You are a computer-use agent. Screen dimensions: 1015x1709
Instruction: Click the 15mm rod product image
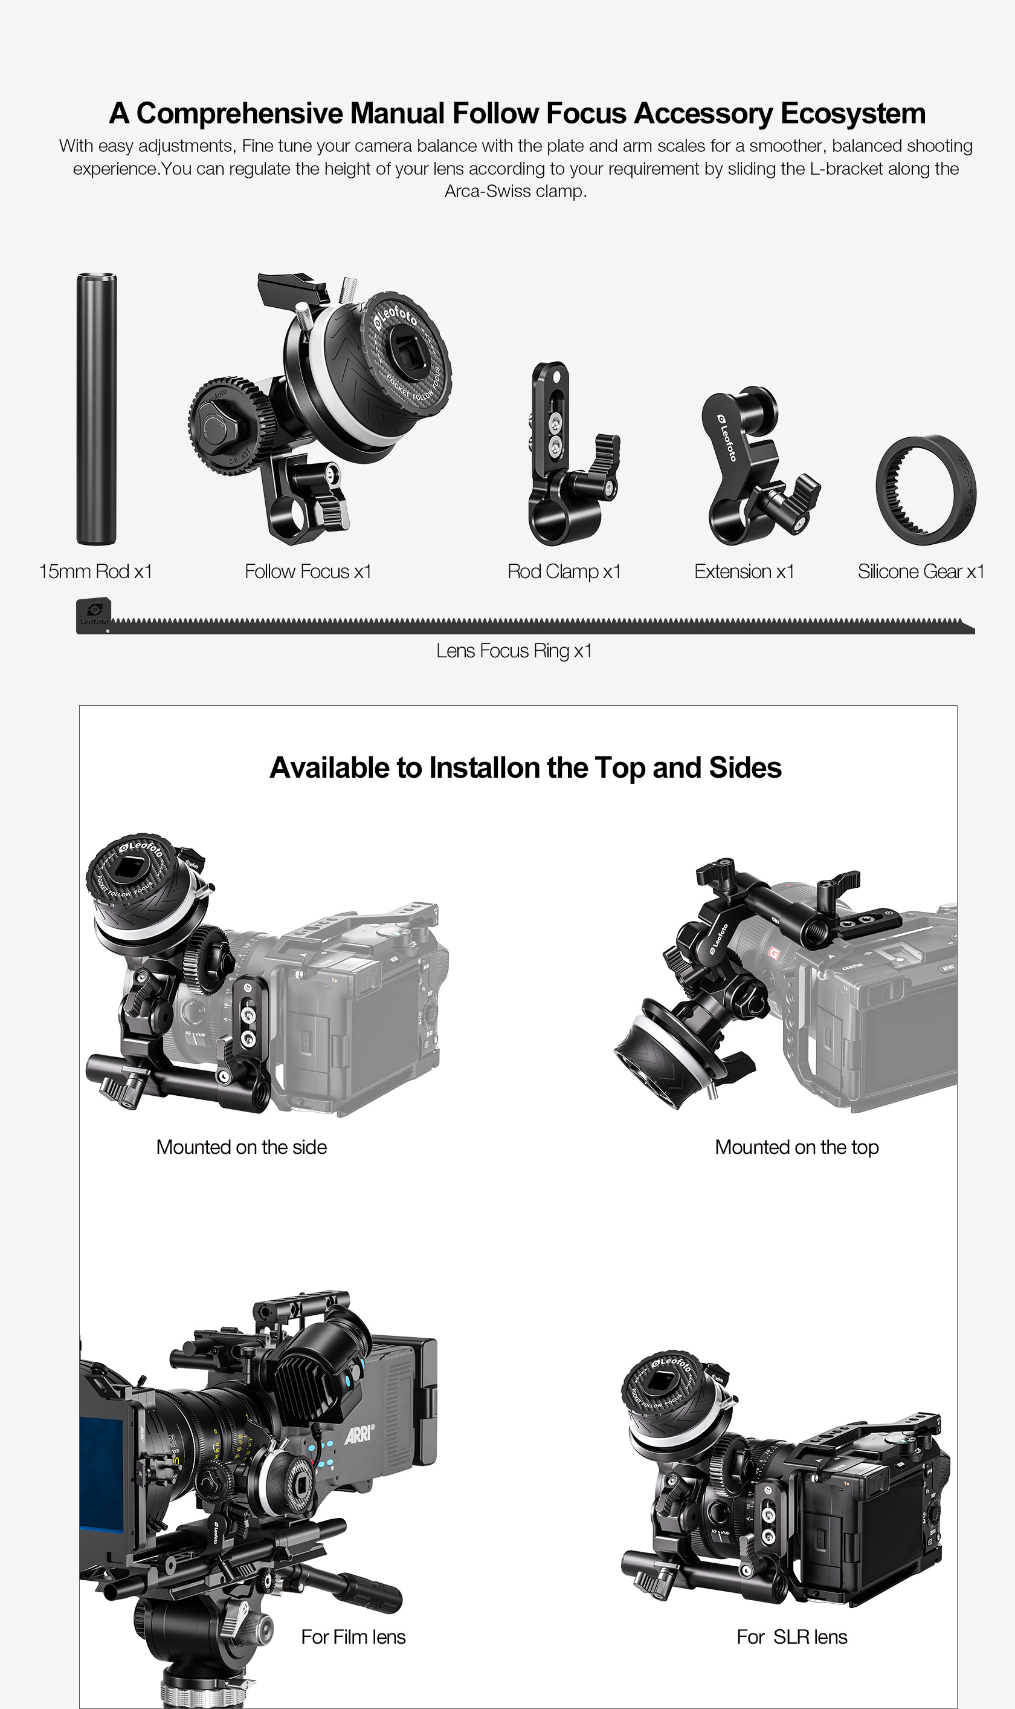tap(97, 409)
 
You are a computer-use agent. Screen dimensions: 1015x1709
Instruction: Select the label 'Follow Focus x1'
tap(308, 571)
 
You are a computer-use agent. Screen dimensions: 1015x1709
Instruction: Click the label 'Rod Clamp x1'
tap(564, 571)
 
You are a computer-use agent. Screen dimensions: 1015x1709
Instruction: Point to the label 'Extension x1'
tap(744, 571)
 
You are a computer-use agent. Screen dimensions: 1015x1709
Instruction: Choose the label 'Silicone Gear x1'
tap(921, 571)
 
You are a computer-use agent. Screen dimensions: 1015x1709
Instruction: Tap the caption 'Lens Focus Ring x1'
tap(514, 651)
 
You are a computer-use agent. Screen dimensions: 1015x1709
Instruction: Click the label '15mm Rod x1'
tap(95, 571)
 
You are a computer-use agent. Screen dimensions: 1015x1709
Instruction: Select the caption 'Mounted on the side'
tap(242, 1147)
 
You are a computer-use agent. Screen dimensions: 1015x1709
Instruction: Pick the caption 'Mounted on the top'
tap(797, 1147)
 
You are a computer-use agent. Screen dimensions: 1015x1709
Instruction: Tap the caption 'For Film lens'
tap(353, 1636)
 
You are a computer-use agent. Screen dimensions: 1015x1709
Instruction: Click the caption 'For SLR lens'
tap(792, 1636)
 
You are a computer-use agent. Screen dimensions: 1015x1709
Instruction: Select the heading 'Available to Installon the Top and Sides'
tap(525, 768)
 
